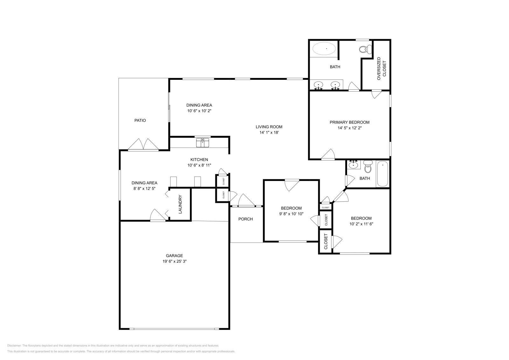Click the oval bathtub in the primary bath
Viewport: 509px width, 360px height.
(324, 49)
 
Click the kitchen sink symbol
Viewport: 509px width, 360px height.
(203, 142)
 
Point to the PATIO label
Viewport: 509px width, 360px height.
(140, 121)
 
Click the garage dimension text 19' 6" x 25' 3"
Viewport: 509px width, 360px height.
(174, 261)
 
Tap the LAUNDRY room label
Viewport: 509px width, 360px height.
(180, 204)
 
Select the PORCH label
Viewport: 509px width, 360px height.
(246, 219)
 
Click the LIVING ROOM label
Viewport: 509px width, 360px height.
(269, 127)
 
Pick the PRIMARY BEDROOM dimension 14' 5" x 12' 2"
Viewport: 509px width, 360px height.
(349, 128)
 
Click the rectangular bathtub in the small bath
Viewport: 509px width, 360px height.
(382, 174)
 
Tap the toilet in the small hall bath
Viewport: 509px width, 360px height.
(368, 166)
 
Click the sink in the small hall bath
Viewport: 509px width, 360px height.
(353, 165)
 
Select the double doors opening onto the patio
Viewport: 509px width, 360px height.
(143, 144)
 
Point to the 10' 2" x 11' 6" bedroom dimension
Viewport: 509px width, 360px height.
(361, 224)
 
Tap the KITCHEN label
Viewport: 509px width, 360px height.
(199, 160)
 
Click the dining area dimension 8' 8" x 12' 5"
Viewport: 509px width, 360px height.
(144, 189)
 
